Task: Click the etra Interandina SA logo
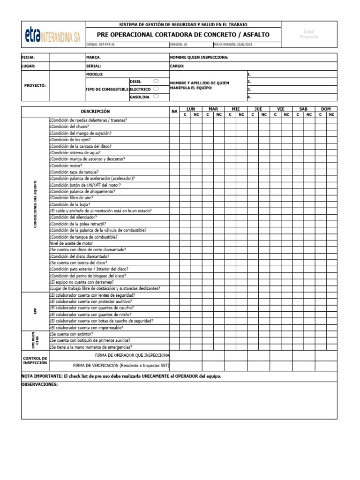pyautogui.click(x=52, y=34)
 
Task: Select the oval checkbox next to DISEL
pyautogui.click(x=156, y=81)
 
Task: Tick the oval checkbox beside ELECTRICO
pyautogui.click(x=156, y=89)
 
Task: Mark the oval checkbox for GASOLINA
pyautogui.click(x=156, y=97)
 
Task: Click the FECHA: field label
pyautogui.click(x=28, y=57)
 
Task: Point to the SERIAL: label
pyautogui.click(x=94, y=66)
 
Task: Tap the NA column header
pyautogui.click(x=174, y=112)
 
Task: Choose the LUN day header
pyautogui.click(x=191, y=109)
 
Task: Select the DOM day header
pyautogui.click(x=326, y=109)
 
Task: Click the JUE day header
pyautogui.click(x=258, y=109)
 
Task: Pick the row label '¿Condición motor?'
pyautogui.click(x=66, y=165)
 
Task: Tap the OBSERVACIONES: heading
pyautogui.click(x=39, y=384)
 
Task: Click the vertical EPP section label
pyautogui.click(x=35, y=311)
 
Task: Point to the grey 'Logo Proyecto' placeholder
pyautogui.click(x=309, y=34)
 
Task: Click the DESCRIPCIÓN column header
pyautogui.click(x=95, y=112)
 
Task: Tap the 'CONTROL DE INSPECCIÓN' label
pyautogui.click(x=35, y=360)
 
